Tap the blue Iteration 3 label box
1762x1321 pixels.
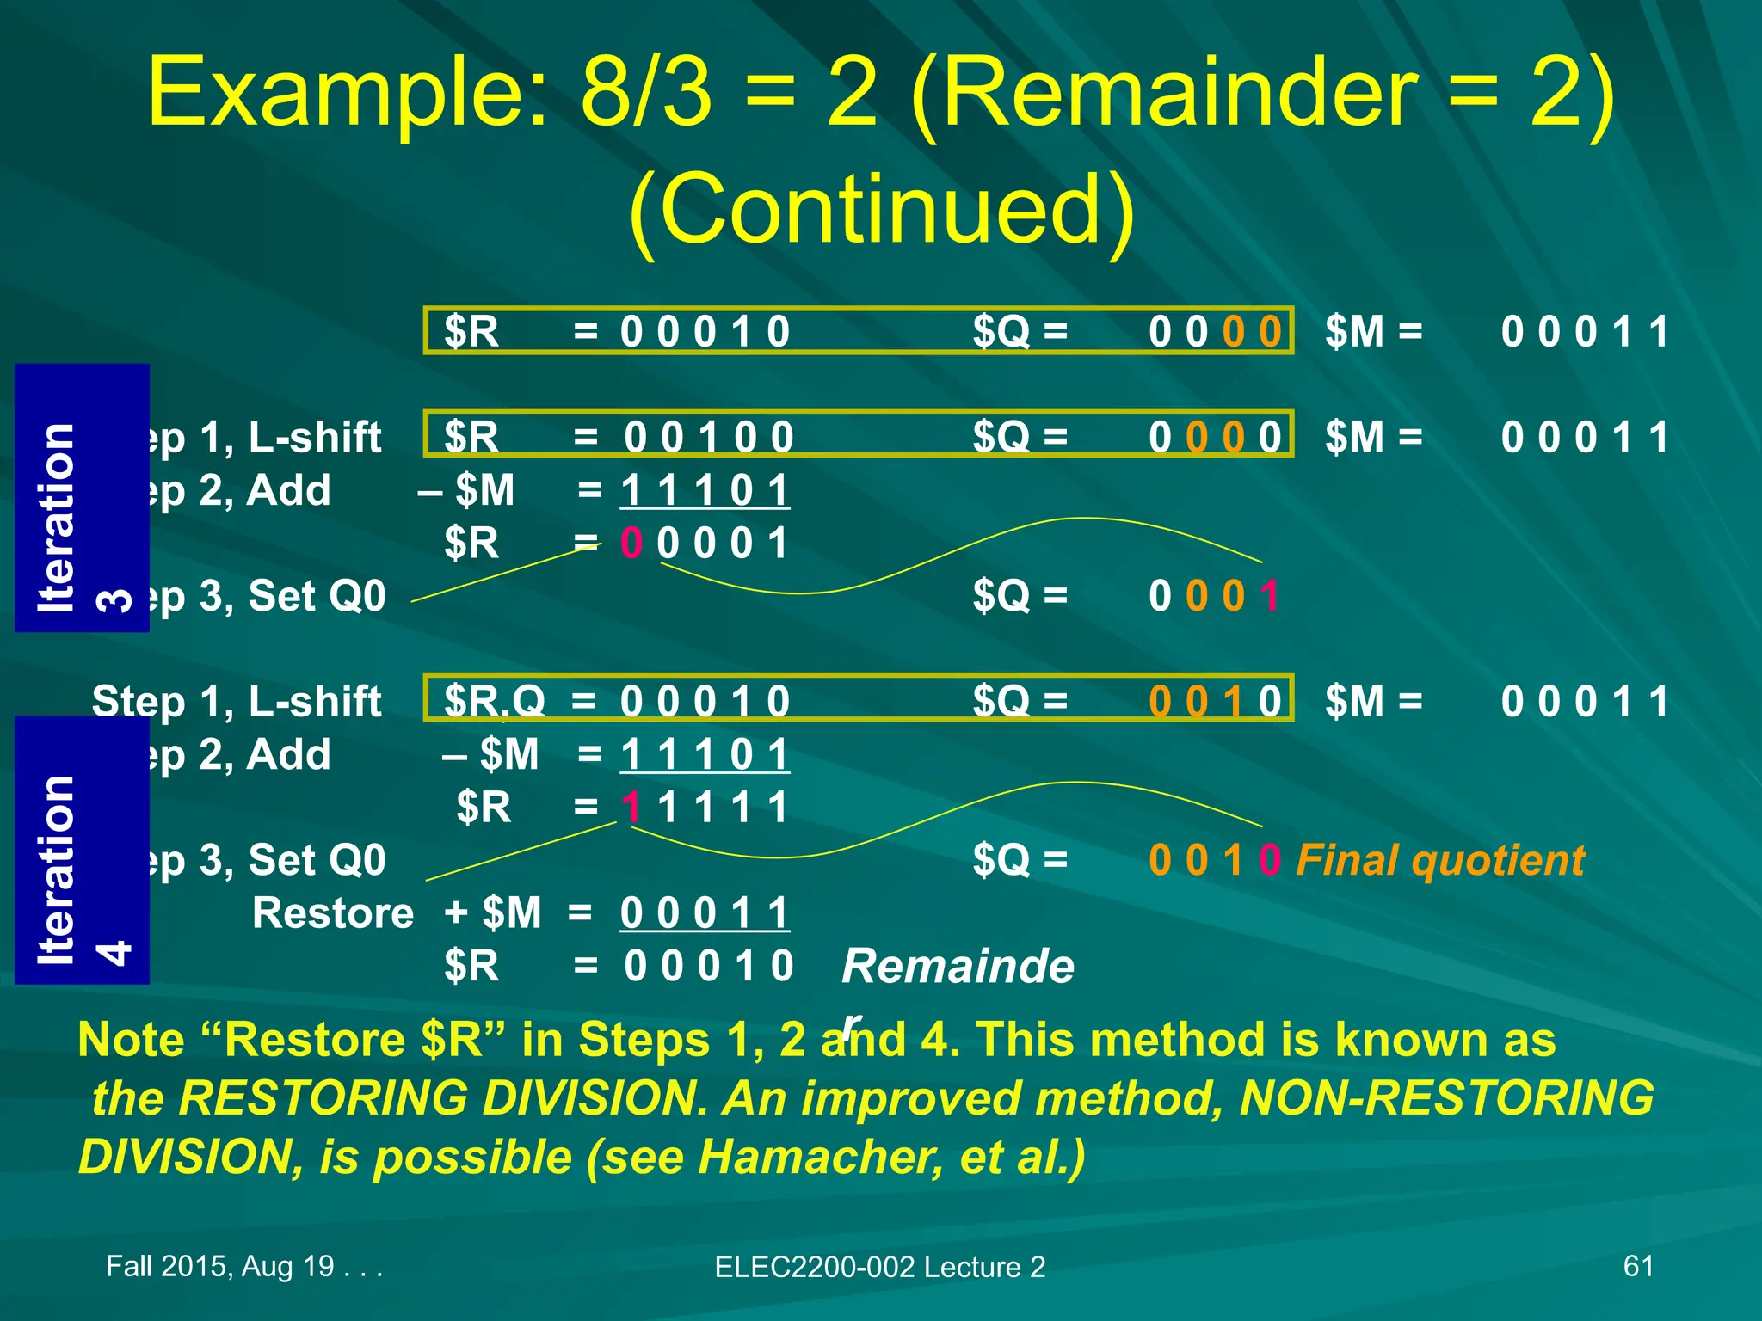point(82,498)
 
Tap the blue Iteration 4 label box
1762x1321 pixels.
point(82,850)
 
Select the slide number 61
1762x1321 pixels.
point(1638,1266)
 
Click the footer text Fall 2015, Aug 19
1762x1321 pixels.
point(243,1266)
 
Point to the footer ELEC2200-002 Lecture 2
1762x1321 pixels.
point(879,1267)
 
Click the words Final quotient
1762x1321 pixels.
point(1440,860)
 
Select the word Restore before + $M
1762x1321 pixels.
point(333,913)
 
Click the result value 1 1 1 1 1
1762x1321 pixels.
point(705,808)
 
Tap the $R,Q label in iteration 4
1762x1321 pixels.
point(495,702)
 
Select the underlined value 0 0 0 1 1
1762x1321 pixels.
point(705,913)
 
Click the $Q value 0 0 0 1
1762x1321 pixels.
point(1214,596)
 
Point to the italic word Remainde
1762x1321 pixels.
point(958,966)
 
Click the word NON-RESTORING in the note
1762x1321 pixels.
point(1446,1098)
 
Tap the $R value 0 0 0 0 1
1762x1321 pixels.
point(705,544)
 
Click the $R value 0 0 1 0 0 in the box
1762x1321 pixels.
point(708,438)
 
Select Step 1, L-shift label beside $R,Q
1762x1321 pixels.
point(237,702)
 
